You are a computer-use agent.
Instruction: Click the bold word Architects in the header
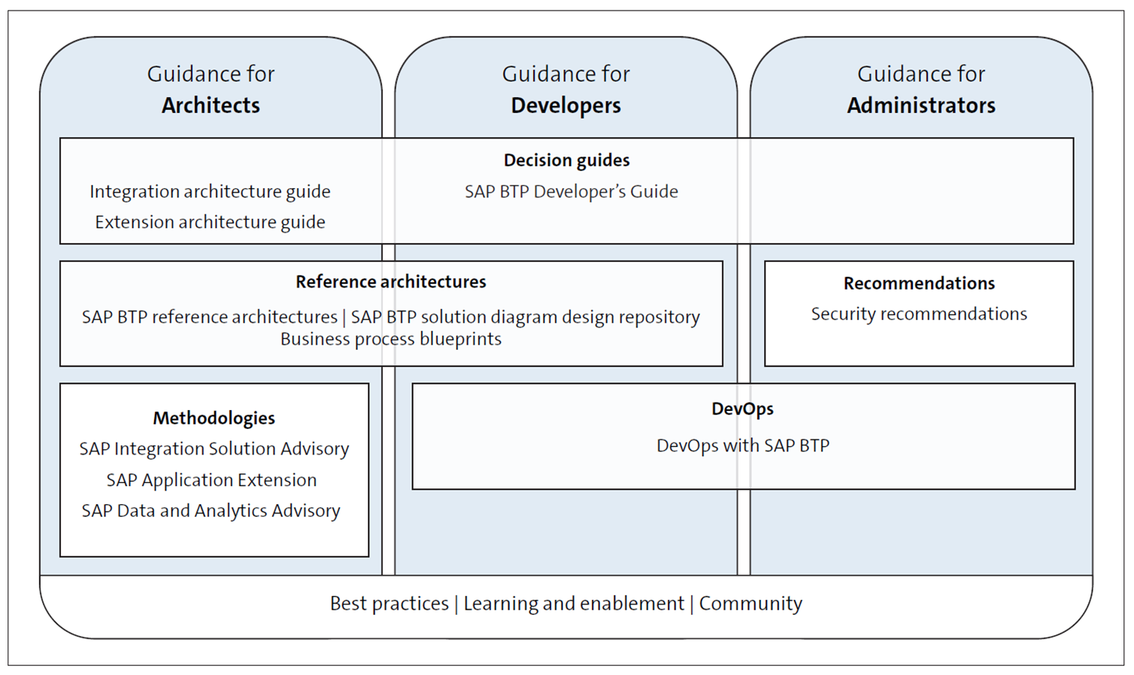tap(211, 105)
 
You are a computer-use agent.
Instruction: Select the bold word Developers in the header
tap(565, 105)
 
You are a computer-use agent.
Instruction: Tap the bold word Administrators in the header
tap(920, 105)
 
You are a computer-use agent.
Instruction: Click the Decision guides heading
tap(566, 160)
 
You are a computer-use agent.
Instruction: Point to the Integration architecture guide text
tap(210, 192)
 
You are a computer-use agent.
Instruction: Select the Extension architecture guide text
tap(210, 223)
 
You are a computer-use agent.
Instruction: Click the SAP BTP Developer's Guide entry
tap(571, 192)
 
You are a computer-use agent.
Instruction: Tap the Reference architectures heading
tap(390, 282)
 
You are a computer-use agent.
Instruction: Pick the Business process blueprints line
tap(390, 339)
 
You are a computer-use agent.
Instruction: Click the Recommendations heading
tap(918, 284)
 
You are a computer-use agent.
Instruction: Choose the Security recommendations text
tap(918, 315)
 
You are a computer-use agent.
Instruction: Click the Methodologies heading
tap(214, 418)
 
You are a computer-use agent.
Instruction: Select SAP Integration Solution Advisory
tap(214, 449)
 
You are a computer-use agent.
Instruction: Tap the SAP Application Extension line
tap(211, 480)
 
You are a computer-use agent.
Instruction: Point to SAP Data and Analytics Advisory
tap(211, 511)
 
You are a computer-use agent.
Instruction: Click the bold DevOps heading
tap(742, 409)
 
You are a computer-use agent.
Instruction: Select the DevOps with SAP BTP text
tap(742, 446)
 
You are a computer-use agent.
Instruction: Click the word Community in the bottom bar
tap(750, 604)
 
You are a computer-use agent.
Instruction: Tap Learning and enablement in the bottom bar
tap(573, 604)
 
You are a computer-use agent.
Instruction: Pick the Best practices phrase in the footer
tap(389, 604)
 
